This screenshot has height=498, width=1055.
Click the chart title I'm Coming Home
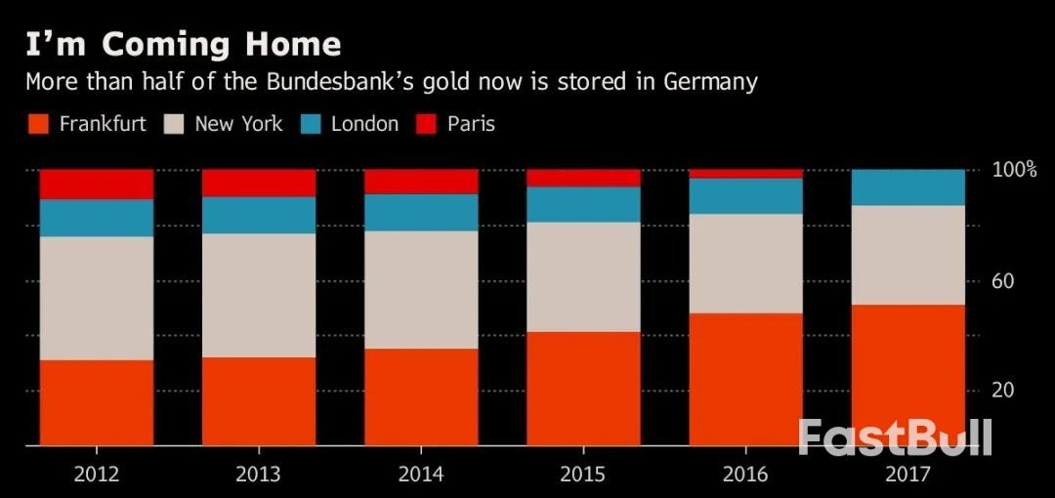pos(184,45)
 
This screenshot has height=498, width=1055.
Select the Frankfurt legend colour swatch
pos(38,124)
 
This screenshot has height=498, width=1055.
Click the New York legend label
pos(238,124)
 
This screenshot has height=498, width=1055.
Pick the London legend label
pos(364,124)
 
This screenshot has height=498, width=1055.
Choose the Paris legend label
pos(471,124)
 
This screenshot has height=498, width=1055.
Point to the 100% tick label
pos(1013,170)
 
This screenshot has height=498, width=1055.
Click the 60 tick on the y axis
pos(1004,281)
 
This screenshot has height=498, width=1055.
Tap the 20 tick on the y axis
pos(1004,391)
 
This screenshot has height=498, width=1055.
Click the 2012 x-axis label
pos(96,475)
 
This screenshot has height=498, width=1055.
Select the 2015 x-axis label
pos(583,475)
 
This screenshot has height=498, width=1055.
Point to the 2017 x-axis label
pos(907,475)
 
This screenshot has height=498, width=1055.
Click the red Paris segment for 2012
pos(97,184)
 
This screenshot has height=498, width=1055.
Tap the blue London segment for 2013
pos(259,215)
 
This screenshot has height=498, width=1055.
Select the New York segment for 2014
pos(421,289)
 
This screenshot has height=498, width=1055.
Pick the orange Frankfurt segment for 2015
pos(583,389)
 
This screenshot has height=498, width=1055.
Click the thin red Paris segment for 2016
pos(745,174)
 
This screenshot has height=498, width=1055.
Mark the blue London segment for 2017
pos(907,187)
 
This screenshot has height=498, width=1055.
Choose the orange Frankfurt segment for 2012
pos(97,402)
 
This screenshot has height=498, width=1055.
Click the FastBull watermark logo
pos(895,437)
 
